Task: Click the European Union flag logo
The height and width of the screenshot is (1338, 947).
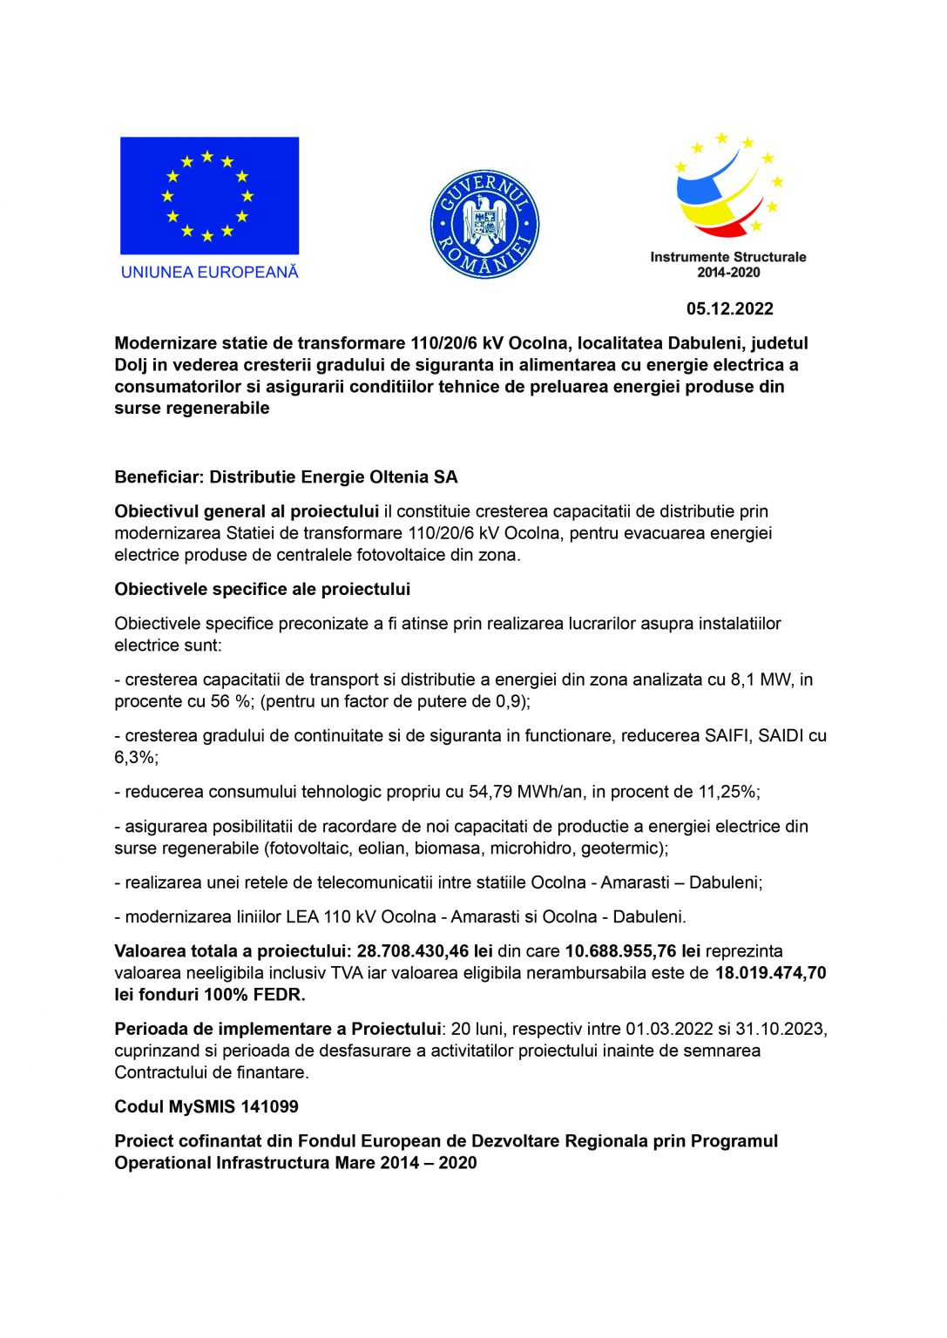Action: (x=209, y=195)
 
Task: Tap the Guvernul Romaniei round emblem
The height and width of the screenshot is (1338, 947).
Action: (x=484, y=225)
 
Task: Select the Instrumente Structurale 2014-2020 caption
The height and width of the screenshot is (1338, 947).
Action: (x=727, y=264)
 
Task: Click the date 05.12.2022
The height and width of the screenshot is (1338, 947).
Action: (x=729, y=308)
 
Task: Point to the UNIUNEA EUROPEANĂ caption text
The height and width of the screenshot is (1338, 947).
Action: (x=209, y=272)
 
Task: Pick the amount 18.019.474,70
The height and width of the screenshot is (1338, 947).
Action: (x=770, y=972)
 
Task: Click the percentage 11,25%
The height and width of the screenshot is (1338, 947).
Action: (x=728, y=792)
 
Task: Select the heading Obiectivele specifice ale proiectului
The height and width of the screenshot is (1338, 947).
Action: (x=261, y=589)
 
